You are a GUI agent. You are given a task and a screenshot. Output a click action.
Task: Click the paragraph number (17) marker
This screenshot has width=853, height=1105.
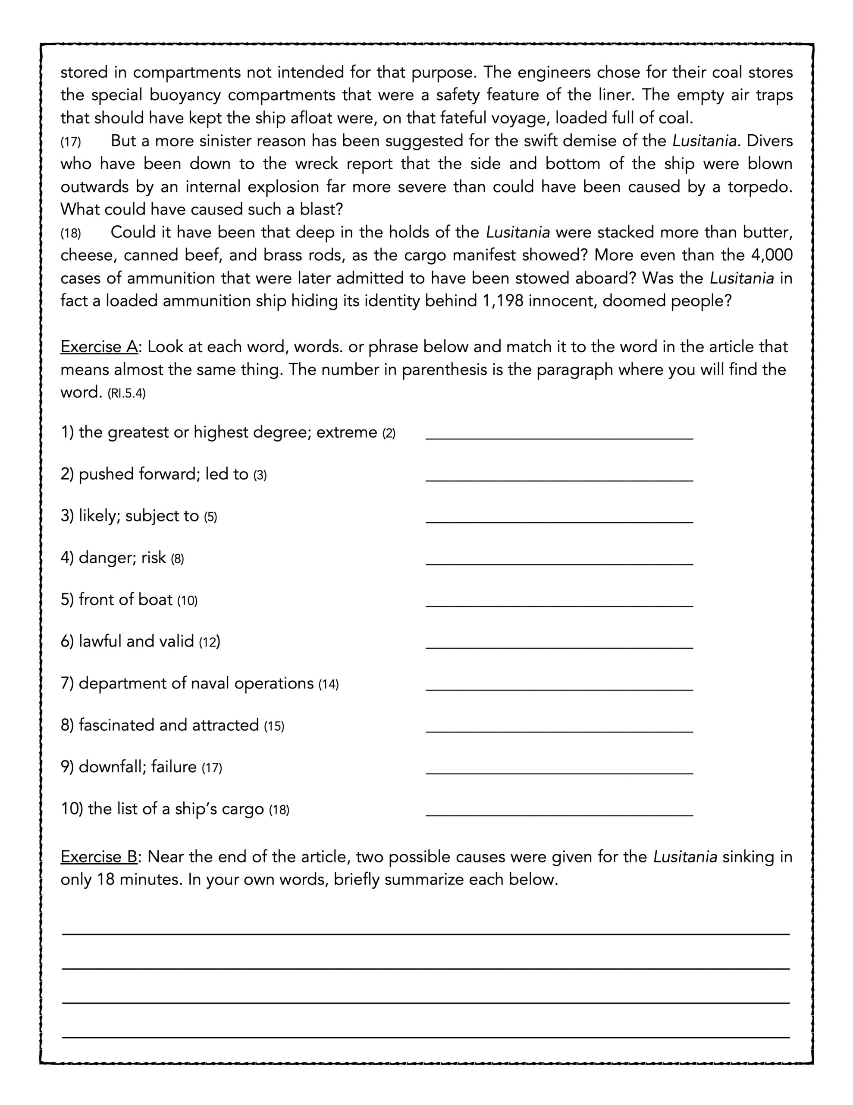(71, 142)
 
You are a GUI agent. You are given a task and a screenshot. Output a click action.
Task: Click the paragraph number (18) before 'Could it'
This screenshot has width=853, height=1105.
(71, 233)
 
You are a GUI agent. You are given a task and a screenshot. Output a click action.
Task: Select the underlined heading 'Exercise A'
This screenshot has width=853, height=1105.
(99, 347)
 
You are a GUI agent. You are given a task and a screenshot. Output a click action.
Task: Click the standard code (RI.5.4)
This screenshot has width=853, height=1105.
(126, 394)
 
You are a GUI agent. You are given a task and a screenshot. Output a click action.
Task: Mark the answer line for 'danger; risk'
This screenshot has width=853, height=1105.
(559, 561)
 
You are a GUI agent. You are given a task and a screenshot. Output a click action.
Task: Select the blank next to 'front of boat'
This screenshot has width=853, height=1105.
(559, 603)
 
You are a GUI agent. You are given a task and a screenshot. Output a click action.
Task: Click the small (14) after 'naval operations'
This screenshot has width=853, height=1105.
(328, 685)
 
